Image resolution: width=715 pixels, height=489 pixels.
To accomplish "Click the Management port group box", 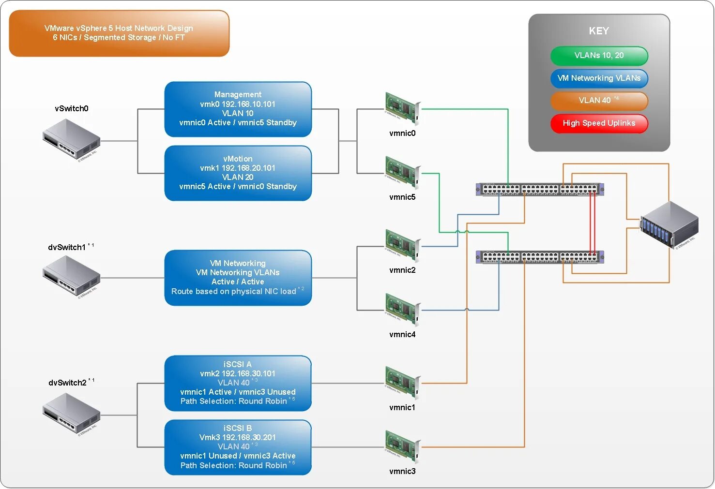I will click(x=238, y=109).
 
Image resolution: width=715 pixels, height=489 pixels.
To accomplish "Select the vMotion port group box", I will click(x=238, y=173).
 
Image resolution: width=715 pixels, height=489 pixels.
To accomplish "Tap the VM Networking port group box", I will click(x=238, y=278).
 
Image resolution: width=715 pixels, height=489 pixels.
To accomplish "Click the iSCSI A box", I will click(x=238, y=383).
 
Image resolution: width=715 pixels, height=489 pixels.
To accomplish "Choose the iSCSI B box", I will click(x=238, y=447).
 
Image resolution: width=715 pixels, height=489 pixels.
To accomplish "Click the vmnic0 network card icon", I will click(x=402, y=109).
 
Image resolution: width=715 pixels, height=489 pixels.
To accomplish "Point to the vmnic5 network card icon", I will click(x=402, y=173).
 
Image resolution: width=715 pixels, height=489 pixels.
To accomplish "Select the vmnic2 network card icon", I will click(x=402, y=246).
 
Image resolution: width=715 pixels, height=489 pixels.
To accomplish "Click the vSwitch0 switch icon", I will click(x=71, y=139).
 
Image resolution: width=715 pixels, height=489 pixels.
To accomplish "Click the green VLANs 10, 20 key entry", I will click(x=599, y=56).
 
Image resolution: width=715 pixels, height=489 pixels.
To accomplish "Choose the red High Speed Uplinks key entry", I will click(x=599, y=123).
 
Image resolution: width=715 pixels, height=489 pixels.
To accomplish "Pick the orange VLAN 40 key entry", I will click(x=599, y=101).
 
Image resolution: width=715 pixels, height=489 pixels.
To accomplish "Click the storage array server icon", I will click(x=669, y=225).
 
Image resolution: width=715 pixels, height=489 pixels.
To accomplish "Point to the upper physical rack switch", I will click(x=540, y=189).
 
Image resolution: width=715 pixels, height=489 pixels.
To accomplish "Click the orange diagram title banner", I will click(x=119, y=33).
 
